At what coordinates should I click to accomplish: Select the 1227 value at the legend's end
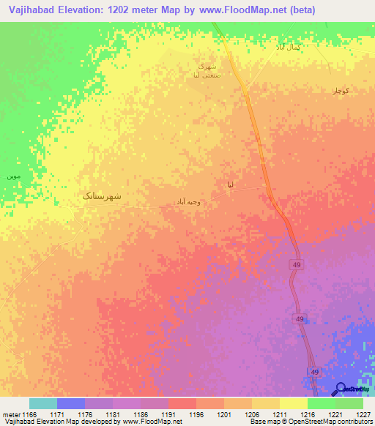[x=363, y=414]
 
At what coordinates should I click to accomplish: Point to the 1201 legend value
[x=224, y=414]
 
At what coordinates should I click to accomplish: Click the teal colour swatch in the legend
[x=43, y=403]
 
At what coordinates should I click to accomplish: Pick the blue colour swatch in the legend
[x=71, y=403]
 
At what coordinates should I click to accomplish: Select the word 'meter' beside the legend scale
[x=9, y=414]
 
